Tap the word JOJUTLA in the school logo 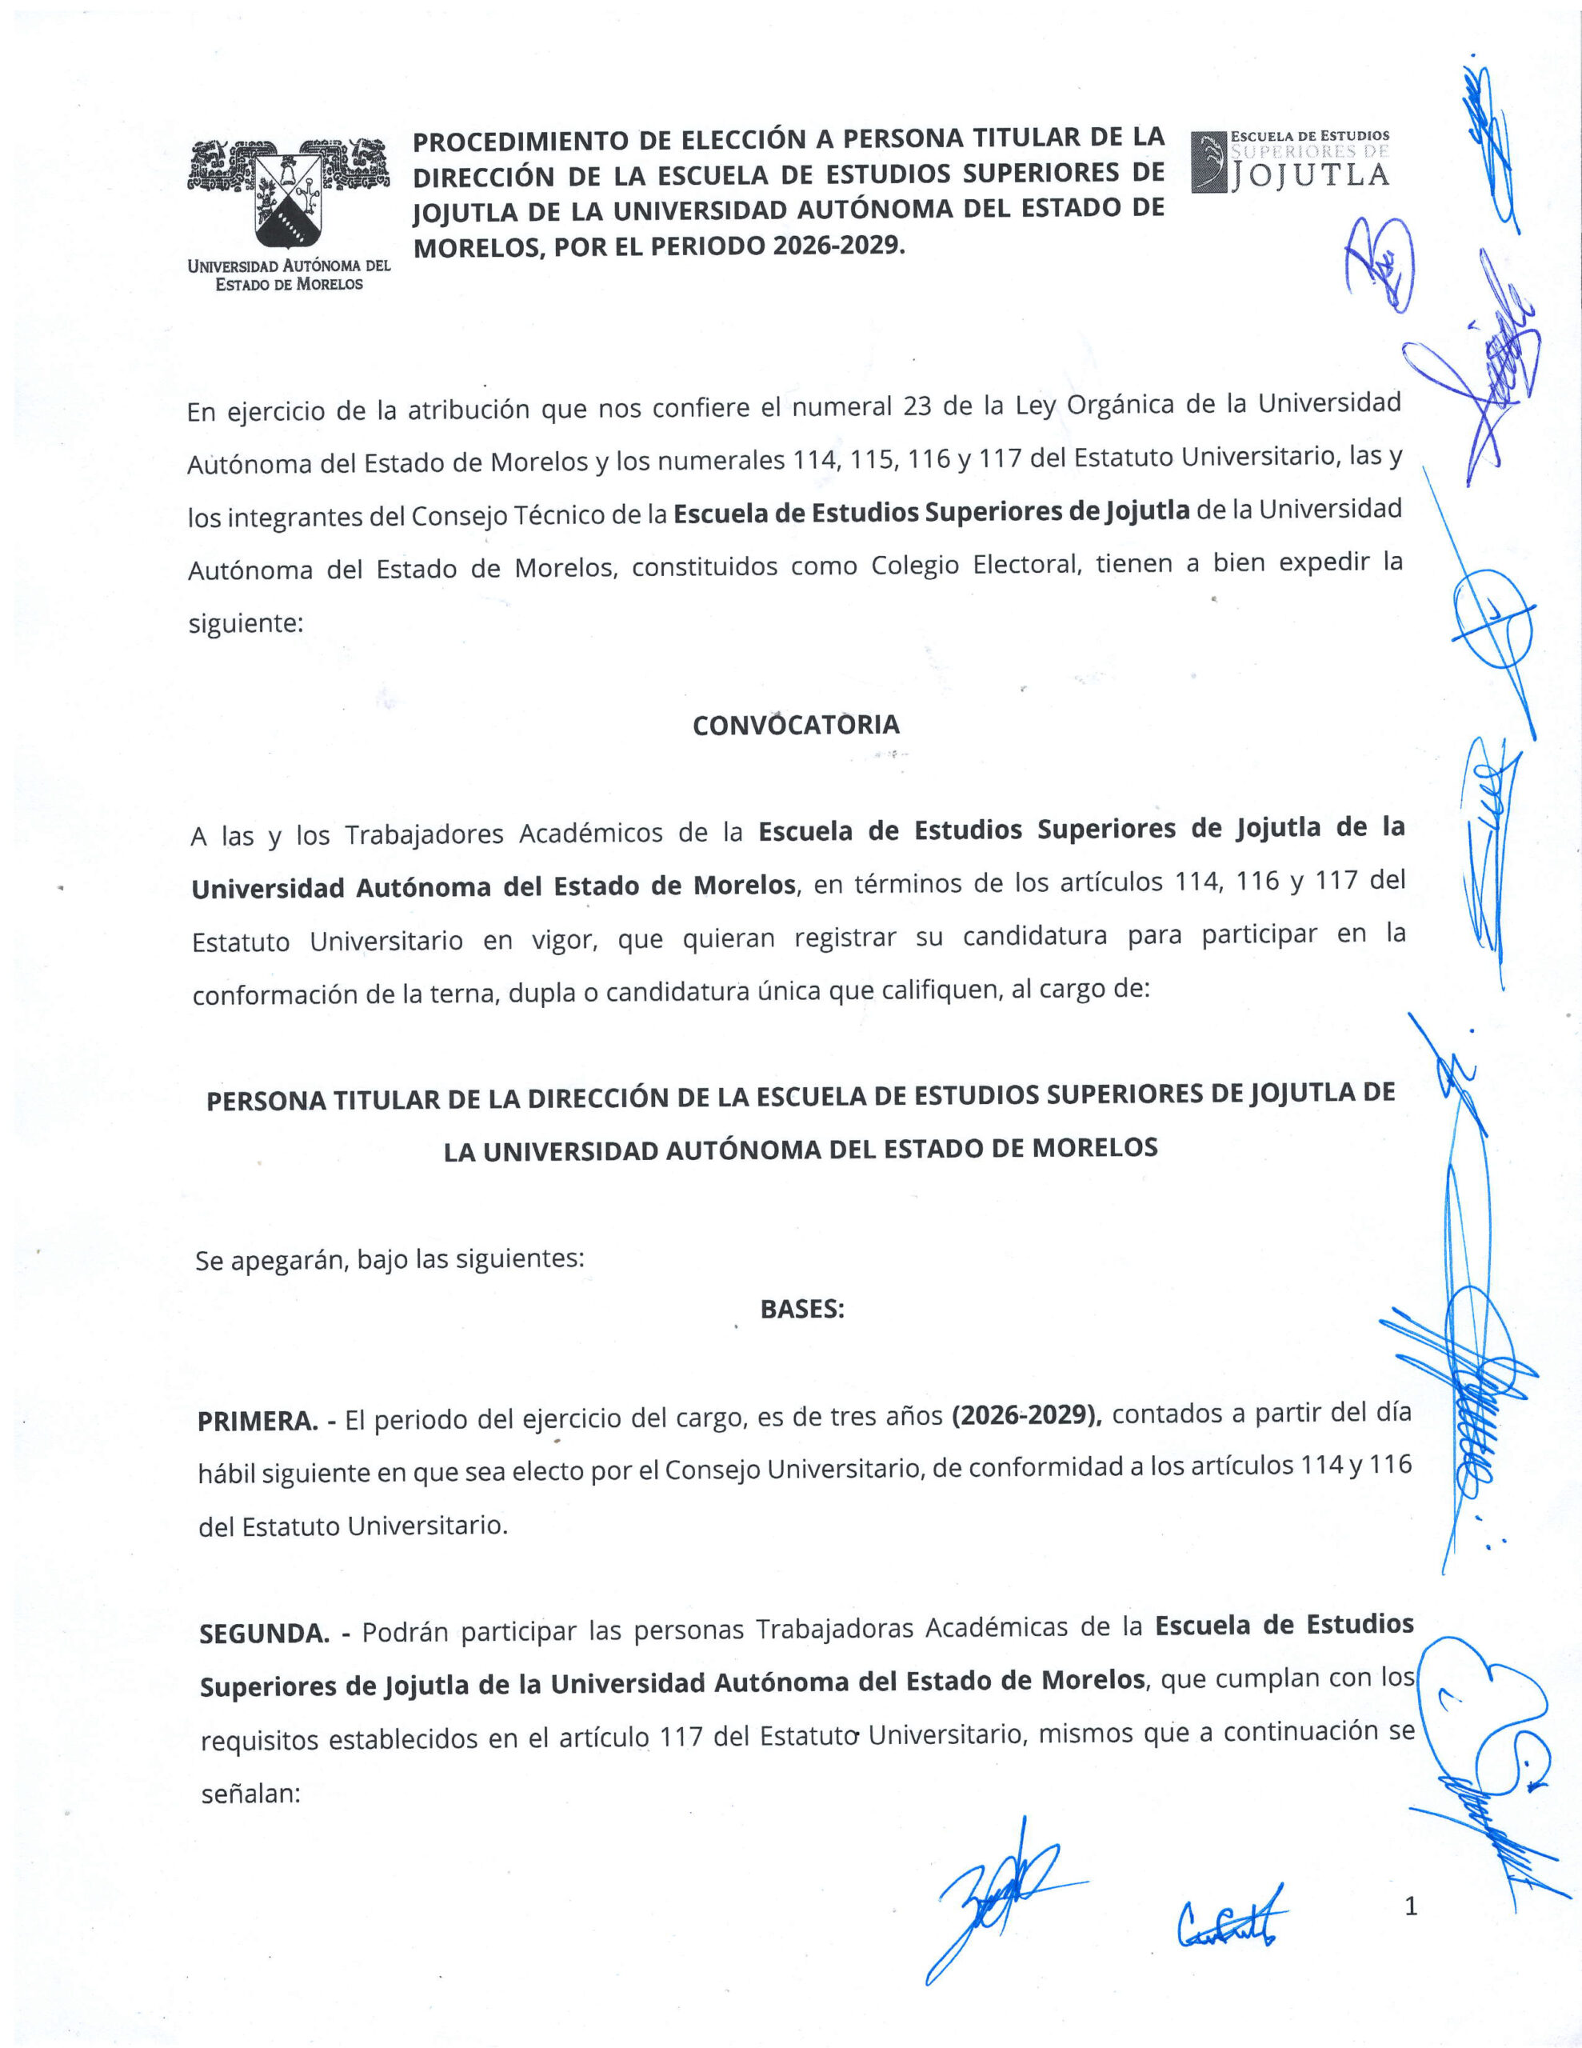[x=1310, y=175]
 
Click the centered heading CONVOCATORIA [x=796, y=725]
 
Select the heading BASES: [x=801, y=1309]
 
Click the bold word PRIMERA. [x=257, y=1422]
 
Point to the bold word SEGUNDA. [x=263, y=1634]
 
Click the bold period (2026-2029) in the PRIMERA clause [x=1026, y=1415]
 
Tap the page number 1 [x=1410, y=1906]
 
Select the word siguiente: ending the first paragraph [x=246, y=623]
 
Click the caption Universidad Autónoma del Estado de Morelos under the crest [x=289, y=274]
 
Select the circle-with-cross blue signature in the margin [x=1493, y=626]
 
